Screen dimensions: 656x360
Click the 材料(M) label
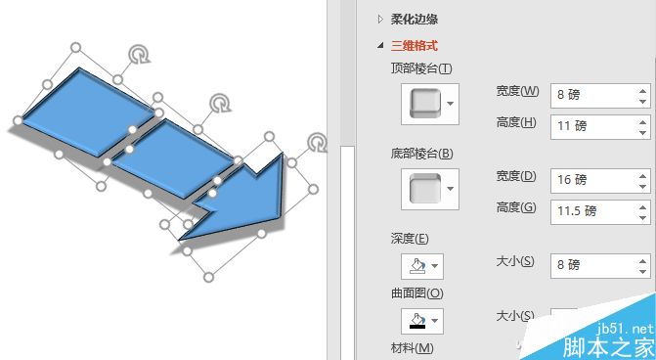click(x=412, y=348)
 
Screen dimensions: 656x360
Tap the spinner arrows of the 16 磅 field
click(x=643, y=180)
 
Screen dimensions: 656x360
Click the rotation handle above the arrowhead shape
click(x=317, y=144)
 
